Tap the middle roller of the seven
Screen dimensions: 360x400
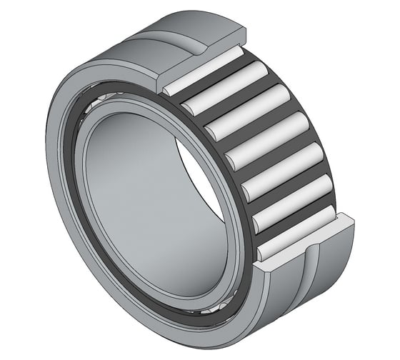coord(264,136)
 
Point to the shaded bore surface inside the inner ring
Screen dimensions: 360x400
coord(143,193)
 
